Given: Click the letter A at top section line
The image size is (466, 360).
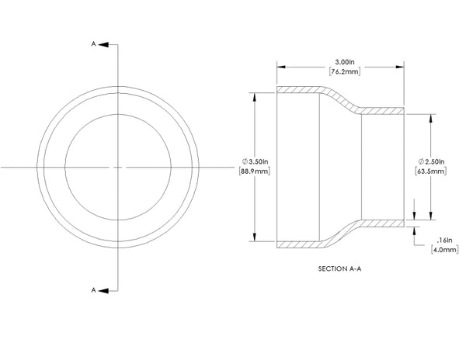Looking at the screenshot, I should (x=94, y=45).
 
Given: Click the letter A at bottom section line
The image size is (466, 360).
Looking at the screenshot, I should (x=94, y=289).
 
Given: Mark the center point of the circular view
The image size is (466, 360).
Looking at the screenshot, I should (x=117, y=167).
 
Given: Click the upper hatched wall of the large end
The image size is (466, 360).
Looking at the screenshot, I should (x=299, y=90).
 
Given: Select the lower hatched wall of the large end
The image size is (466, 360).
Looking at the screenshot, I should (x=299, y=244).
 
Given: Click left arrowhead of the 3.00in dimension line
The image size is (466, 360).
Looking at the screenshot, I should (x=281, y=67).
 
